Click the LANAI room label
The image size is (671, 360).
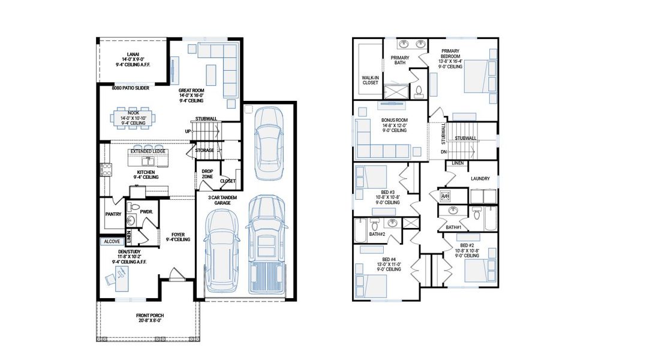tap(130, 54)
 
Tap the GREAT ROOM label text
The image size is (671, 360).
tap(191, 91)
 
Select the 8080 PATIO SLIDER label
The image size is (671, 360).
tap(130, 88)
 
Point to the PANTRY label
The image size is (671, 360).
tap(113, 214)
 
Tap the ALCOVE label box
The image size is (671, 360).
tap(112, 241)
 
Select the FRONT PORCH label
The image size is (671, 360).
tap(149, 316)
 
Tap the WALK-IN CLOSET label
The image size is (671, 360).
tap(370, 80)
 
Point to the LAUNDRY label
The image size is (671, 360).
tap(480, 178)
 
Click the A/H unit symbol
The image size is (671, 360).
tap(446, 196)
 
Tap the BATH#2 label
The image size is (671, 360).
tap(377, 234)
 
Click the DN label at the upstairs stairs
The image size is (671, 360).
tap(443, 152)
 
